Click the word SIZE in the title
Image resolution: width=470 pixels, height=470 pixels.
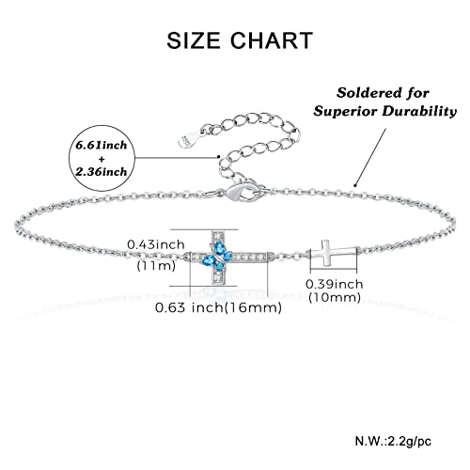pyautogui.click(x=194, y=40)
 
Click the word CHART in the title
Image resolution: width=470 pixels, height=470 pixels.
pyautogui.click(x=272, y=40)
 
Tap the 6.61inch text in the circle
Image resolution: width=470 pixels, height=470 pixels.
pyautogui.click(x=102, y=145)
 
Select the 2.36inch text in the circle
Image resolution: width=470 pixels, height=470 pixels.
pyautogui.click(x=102, y=172)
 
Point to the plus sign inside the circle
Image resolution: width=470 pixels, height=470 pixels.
pyautogui.click(x=102, y=159)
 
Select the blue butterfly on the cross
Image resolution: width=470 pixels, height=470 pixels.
pyautogui.click(x=218, y=257)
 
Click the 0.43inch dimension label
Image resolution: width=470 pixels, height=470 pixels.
pyautogui.click(x=156, y=244)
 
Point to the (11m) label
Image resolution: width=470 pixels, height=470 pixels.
pyautogui.click(x=156, y=266)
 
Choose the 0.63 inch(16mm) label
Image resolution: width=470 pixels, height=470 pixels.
pyautogui.click(x=218, y=307)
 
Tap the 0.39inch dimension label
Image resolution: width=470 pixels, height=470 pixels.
pyautogui.click(x=335, y=284)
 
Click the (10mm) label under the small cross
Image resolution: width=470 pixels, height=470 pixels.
pyautogui.click(x=335, y=297)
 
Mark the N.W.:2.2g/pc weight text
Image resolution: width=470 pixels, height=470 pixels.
pyautogui.click(x=393, y=441)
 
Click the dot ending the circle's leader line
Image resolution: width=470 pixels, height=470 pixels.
pyautogui.click(x=218, y=156)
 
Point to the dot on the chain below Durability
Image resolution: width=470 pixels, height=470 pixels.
pyautogui.click(x=355, y=184)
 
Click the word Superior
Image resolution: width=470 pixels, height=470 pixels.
pyautogui.click(x=345, y=111)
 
